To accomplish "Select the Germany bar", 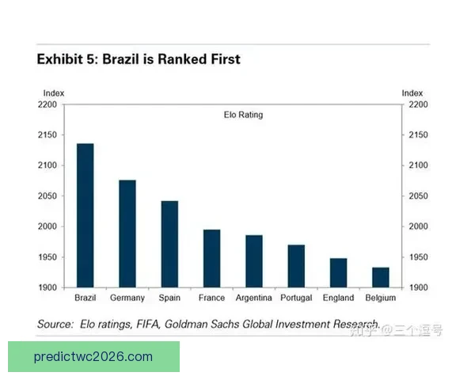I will (x=127, y=234).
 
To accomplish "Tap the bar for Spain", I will (x=169, y=244).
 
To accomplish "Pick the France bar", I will (x=212, y=258).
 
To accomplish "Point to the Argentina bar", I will (x=254, y=260).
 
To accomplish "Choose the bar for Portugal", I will (x=296, y=266).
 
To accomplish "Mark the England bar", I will (x=339, y=272).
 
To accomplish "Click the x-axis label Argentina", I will (x=254, y=298).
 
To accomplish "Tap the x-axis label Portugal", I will (x=296, y=298).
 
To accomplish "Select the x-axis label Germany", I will (x=127, y=298).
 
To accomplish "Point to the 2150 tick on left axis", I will (x=47, y=135).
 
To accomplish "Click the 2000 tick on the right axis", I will (x=417, y=226).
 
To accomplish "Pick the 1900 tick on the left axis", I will (x=47, y=287).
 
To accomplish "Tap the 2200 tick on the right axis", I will (x=417, y=104).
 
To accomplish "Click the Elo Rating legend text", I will (x=243, y=115).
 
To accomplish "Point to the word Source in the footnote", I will (x=55, y=325).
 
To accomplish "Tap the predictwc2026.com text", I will (x=93, y=357).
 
